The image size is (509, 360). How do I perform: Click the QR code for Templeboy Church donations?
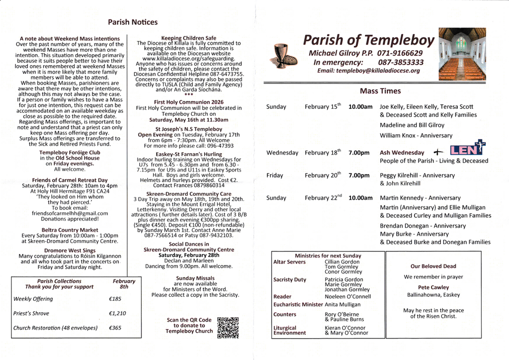coord(228,327)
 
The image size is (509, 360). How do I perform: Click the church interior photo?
coord(462,54)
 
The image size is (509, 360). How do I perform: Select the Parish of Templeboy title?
coord(369,40)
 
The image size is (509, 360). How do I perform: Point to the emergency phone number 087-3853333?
coord(401,62)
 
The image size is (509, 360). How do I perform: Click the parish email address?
coord(368,71)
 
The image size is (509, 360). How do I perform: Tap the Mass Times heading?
coord(380,91)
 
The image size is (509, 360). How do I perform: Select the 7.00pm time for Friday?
coord(359,176)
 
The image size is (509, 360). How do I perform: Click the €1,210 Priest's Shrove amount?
coord(117,313)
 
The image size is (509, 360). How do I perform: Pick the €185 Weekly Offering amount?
coord(115,299)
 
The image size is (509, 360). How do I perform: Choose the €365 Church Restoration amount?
coord(115,328)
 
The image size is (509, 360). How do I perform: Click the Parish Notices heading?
coord(133,22)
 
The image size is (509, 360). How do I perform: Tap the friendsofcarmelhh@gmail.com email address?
coord(70,213)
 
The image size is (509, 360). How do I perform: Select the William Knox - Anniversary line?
coord(416,135)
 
